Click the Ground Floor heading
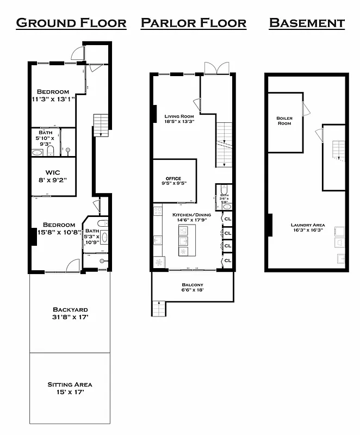[x=71, y=23]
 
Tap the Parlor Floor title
[x=193, y=23]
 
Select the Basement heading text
[x=307, y=23]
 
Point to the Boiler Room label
[x=284, y=121]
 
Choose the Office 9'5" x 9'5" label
[x=173, y=181]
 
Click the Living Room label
[x=179, y=119]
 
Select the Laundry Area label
[x=307, y=227]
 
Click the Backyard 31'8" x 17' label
[x=70, y=313]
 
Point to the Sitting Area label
[x=70, y=388]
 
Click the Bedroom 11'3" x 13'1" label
[x=53, y=95]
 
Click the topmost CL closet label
[x=228, y=219]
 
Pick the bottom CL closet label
[x=228, y=260]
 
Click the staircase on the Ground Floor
[x=101, y=126]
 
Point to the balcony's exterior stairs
[x=157, y=309]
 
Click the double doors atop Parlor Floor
[x=212, y=69]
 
